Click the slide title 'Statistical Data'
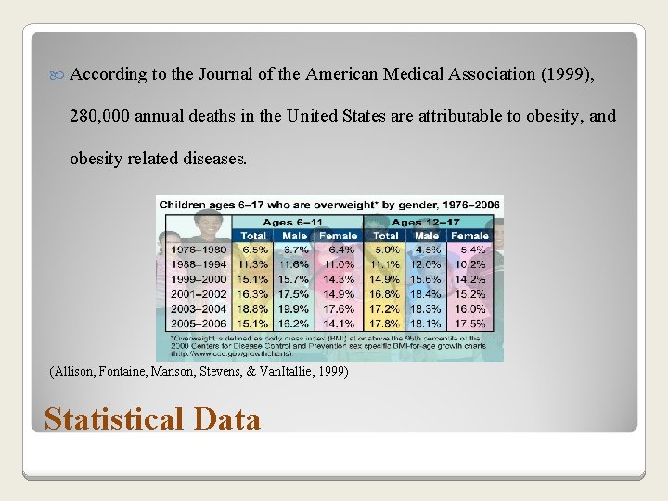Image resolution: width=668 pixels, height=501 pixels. [x=152, y=419]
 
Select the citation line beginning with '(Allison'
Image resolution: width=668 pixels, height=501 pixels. [x=198, y=372]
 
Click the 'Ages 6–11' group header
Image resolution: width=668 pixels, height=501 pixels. [x=294, y=223]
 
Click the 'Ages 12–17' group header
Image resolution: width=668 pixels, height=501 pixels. [x=426, y=223]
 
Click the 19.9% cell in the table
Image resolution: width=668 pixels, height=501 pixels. [x=295, y=308]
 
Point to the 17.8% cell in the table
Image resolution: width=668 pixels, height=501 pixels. [x=386, y=323]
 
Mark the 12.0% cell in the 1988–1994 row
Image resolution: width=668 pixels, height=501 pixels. [x=428, y=264]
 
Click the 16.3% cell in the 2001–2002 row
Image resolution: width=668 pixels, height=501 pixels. [x=252, y=294]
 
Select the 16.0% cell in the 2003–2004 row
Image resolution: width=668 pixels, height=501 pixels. [x=469, y=308]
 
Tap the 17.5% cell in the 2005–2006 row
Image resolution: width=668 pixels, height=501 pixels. [x=469, y=323]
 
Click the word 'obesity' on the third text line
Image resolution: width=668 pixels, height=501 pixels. [x=95, y=159]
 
